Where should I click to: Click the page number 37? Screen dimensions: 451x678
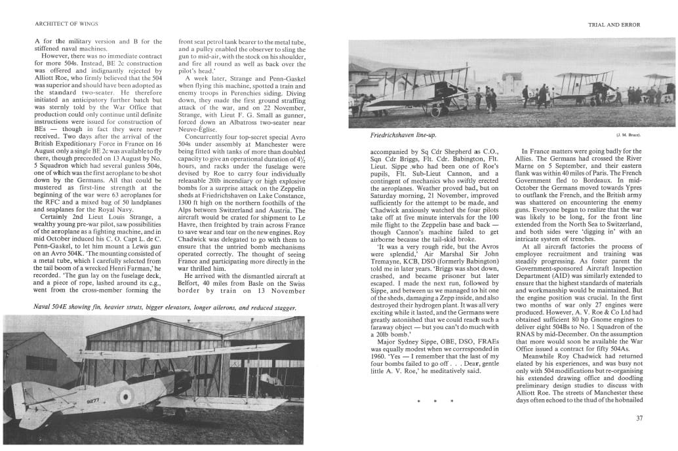(x=639, y=418)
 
